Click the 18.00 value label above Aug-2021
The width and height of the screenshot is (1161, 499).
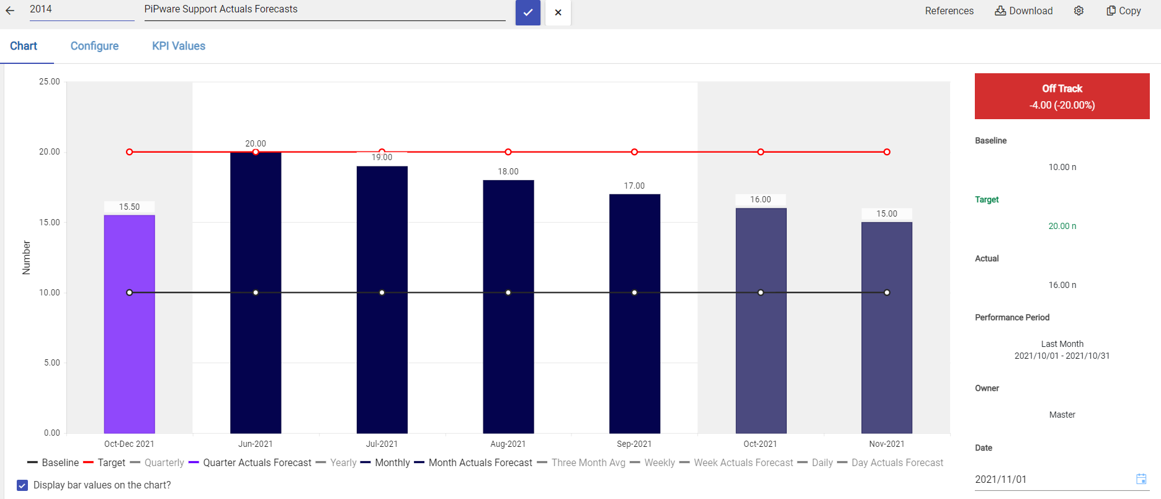508,172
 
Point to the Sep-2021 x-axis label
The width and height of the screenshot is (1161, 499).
634,444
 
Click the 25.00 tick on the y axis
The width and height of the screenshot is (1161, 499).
50,82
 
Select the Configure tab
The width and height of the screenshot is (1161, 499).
94,46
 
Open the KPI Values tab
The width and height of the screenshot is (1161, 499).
179,46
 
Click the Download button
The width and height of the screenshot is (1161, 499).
1024,11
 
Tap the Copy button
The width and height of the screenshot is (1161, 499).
1124,11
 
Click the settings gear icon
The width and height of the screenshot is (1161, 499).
1079,11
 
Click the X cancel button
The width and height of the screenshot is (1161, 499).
558,12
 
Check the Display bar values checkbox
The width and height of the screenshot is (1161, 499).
22,485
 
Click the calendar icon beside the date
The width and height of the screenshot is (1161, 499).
1141,479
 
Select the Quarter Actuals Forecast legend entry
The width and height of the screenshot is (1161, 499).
257,463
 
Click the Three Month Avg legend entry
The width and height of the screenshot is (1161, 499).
588,463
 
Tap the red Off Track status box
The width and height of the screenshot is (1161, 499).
1062,96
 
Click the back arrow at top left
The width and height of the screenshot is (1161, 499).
10,11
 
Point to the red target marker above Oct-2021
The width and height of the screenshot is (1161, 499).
761,152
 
